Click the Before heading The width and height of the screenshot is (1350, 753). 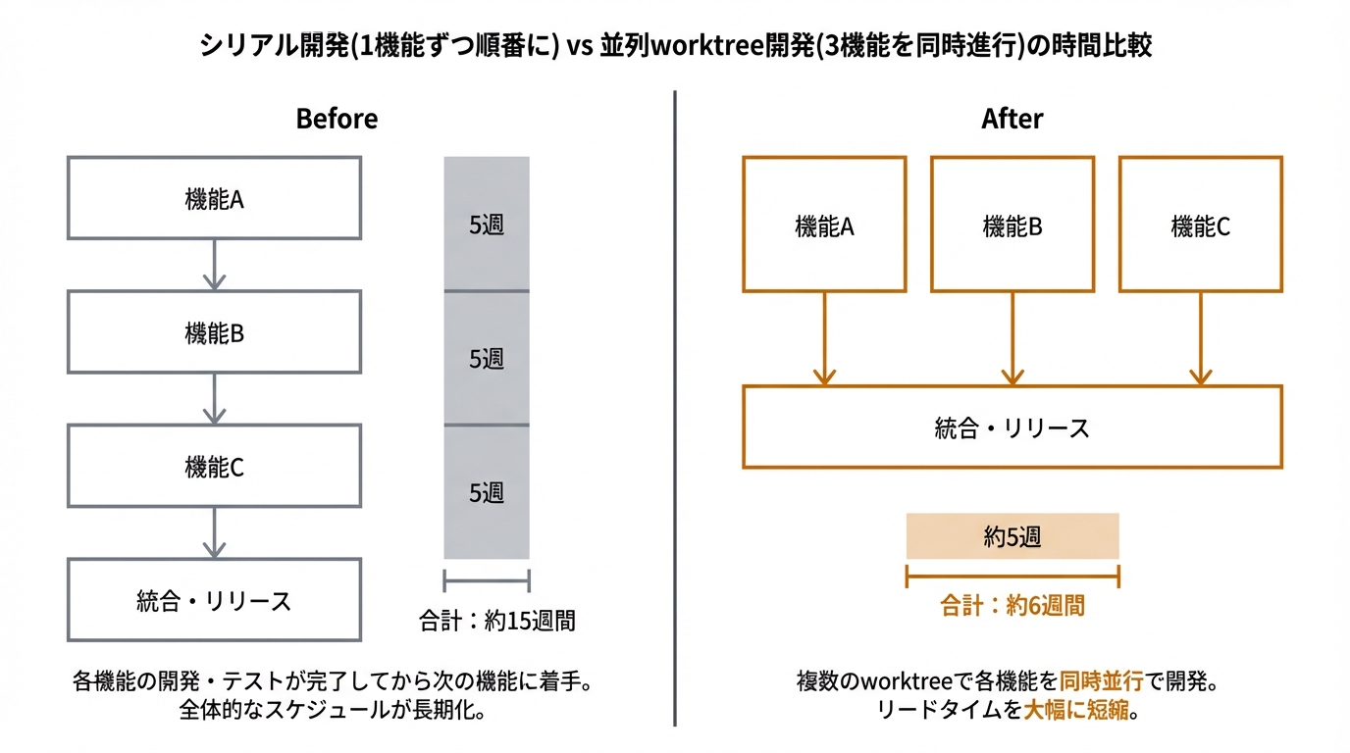337,120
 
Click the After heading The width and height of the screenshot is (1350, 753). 1012,120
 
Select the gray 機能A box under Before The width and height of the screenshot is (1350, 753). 214,198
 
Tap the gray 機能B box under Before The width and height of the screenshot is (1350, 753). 214,332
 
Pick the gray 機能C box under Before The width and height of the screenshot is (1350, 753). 214,466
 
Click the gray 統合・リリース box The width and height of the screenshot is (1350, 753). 214,600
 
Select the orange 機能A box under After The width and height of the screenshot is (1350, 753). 824,225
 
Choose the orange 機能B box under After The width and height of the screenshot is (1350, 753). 1012,225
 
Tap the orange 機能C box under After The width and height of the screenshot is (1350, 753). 1200,225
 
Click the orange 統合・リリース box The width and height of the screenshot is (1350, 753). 1012,427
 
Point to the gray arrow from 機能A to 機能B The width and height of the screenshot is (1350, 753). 214,265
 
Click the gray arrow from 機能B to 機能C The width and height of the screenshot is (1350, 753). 214,398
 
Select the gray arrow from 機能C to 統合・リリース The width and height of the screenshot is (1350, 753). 214,532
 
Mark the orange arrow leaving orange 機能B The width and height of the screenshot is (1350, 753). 1012,338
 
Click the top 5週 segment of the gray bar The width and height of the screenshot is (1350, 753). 487,225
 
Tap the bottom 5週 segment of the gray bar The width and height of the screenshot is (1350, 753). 487,492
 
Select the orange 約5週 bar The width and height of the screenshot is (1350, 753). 1012,536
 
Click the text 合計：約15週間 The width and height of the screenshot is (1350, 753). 496,620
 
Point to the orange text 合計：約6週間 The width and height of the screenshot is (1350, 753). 1012,605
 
